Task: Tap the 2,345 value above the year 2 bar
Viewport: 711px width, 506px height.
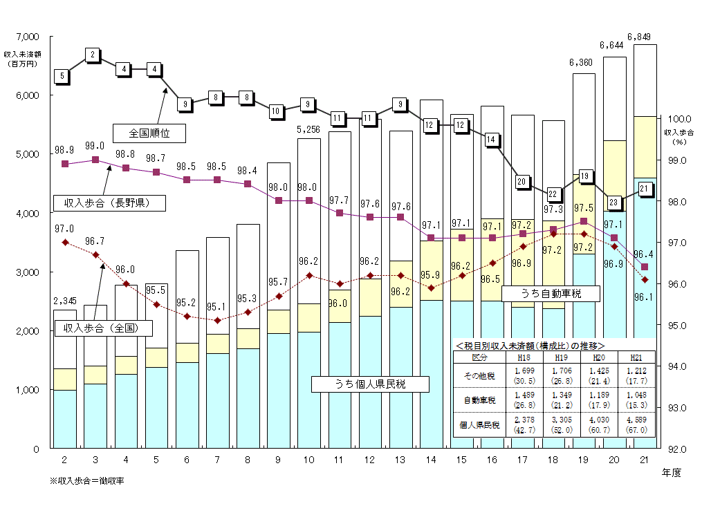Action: pyautogui.click(x=64, y=301)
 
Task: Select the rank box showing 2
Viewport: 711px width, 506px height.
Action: pyautogui.click(x=92, y=54)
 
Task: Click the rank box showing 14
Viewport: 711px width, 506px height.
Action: pyautogui.click(x=490, y=139)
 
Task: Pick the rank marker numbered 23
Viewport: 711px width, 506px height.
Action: pyautogui.click(x=613, y=203)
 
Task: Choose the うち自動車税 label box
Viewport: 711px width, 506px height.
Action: pyautogui.click(x=551, y=294)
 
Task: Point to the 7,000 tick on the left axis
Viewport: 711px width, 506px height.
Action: pyautogui.click(x=28, y=36)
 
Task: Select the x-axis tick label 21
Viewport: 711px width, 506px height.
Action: pyautogui.click(x=644, y=461)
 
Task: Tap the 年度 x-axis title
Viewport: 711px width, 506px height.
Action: pyautogui.click(x=671, y=474)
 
